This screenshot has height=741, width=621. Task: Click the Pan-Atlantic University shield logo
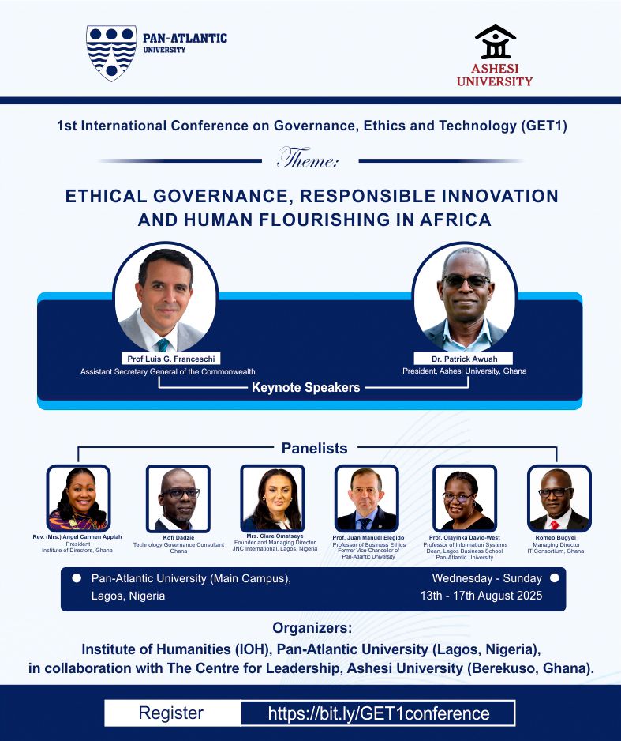tap(111, 53)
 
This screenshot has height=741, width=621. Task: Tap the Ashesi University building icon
tap(495, 42)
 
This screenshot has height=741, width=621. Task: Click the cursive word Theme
tap(307, 158)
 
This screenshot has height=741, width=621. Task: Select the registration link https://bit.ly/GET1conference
tap(378, 713)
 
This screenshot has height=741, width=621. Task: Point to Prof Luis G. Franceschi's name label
tap(170, 359)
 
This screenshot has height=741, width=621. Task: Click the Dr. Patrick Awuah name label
tap(464, 359)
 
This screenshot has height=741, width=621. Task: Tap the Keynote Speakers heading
tap(306, 388)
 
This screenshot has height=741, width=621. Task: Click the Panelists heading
tap(314, 448)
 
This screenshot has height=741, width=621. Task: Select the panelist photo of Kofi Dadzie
tap(178, 498)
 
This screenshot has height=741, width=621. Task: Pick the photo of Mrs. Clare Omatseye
tap(272, 498)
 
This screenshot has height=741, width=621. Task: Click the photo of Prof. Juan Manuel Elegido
tap(367, 498)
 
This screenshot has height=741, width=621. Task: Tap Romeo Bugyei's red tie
tap(555, 525)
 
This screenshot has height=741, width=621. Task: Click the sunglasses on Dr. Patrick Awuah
tap(466, 281)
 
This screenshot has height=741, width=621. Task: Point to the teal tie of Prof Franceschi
tap(163, 345)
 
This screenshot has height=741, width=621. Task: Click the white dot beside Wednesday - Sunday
tap(555, 578)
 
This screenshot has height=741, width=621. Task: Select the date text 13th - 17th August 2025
tap(481, 596)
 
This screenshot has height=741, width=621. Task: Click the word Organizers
tap(312, 628)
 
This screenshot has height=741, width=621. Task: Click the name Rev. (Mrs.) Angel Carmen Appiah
tap(77, 537)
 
